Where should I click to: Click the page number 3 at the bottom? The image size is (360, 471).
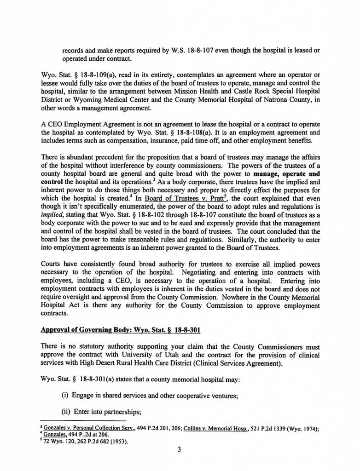click(180, 450)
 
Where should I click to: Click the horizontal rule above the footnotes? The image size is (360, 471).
click(83, 421)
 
